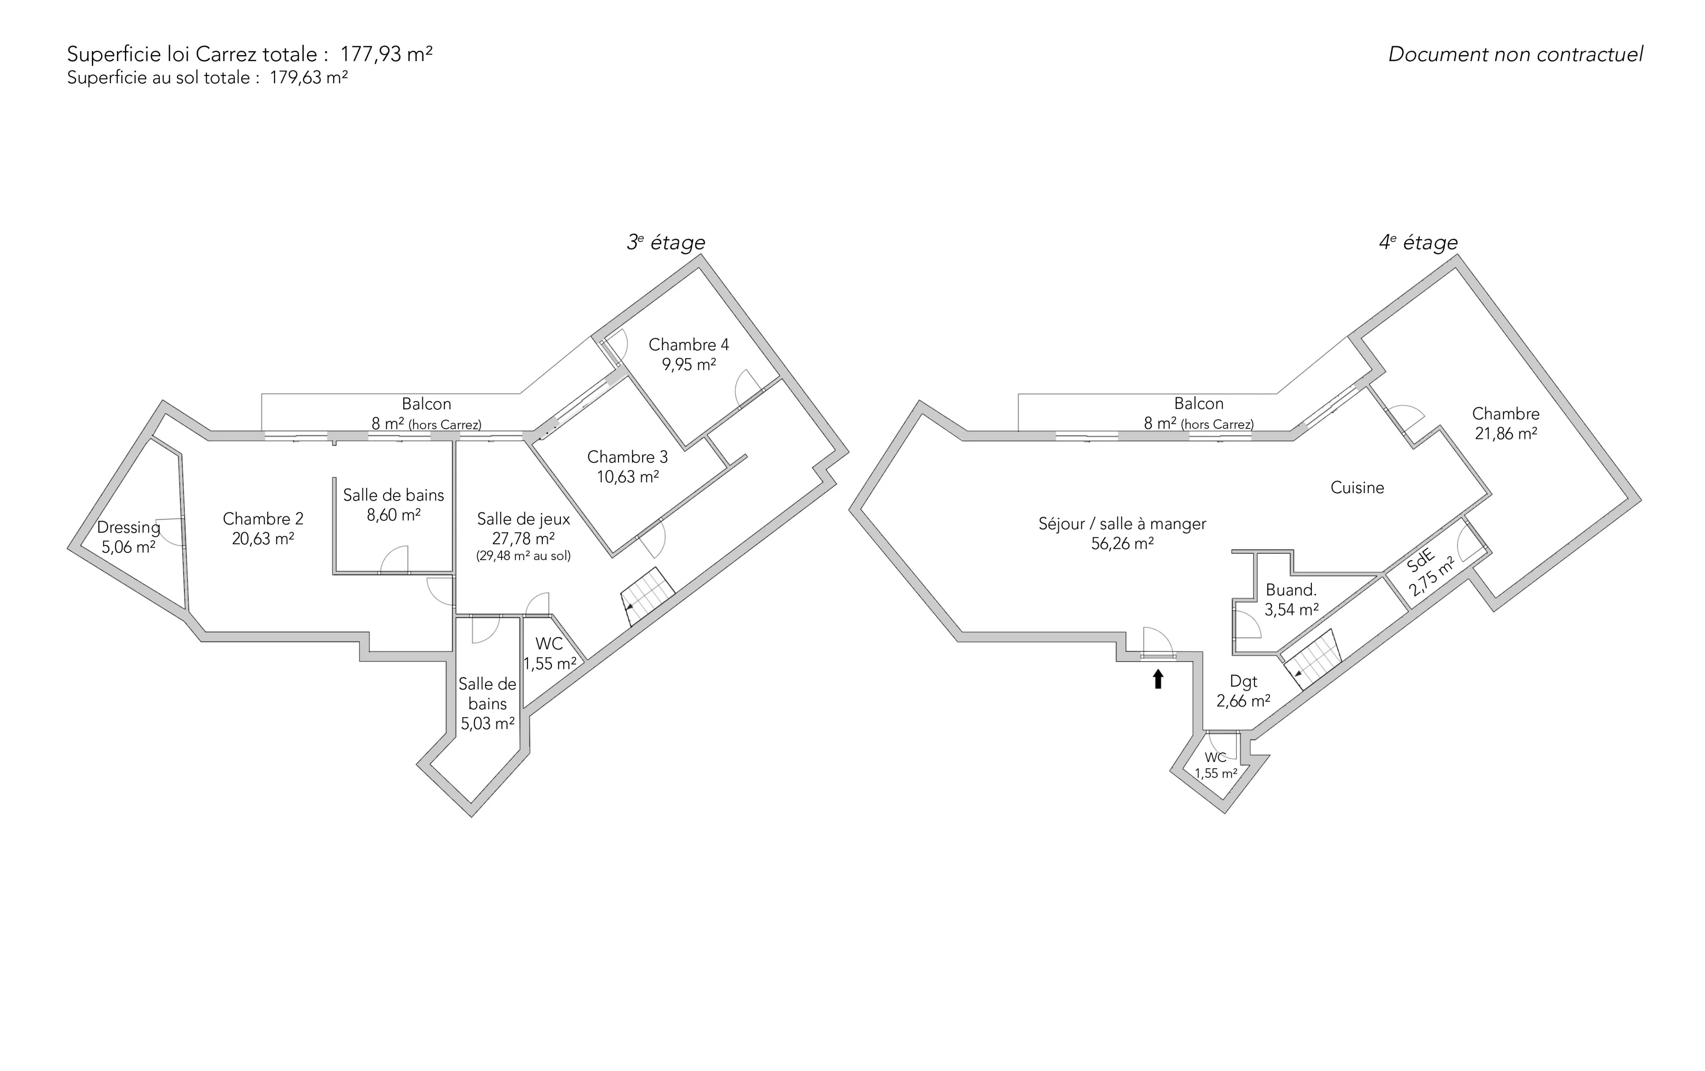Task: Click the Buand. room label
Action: click(1291, 589)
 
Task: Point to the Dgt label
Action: click(1243, 681)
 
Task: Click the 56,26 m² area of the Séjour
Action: click(1122, 543)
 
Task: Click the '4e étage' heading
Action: click(1418, 242)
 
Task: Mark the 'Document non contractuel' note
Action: click(1515, 55)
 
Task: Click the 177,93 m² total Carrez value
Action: click(387, 54)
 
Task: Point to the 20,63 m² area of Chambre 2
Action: click(263, 538)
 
